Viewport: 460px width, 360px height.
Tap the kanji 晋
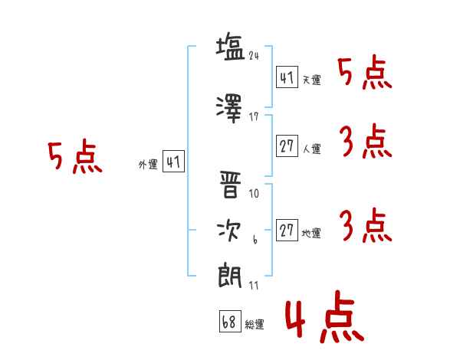[229, 183]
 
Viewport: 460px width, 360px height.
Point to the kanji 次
[229, 231]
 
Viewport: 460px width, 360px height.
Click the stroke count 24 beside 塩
[255, 56]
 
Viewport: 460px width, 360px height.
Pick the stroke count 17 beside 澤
[255, 117]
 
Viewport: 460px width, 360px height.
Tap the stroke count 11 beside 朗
[255, 286]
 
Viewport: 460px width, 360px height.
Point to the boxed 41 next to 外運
[173, 162]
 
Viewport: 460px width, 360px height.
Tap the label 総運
[255, 325]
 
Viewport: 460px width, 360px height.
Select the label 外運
[148, 164]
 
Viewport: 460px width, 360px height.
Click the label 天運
[311, 80]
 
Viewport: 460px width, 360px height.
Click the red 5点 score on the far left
[74, 158]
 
